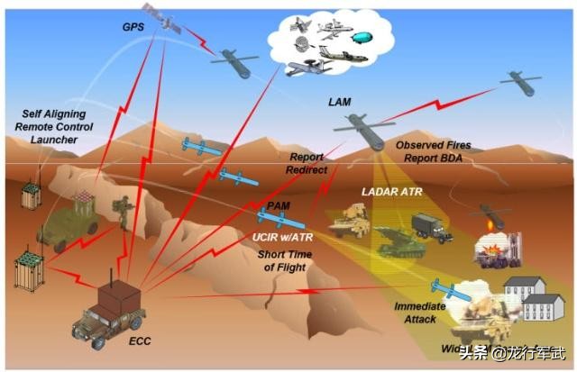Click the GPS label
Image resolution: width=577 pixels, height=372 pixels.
coord(133,27)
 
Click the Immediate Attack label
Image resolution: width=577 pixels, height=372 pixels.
coord(419,313)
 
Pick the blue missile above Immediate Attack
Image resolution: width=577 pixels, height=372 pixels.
coord(446,288)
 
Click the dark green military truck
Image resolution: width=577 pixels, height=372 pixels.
coord(429,227)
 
